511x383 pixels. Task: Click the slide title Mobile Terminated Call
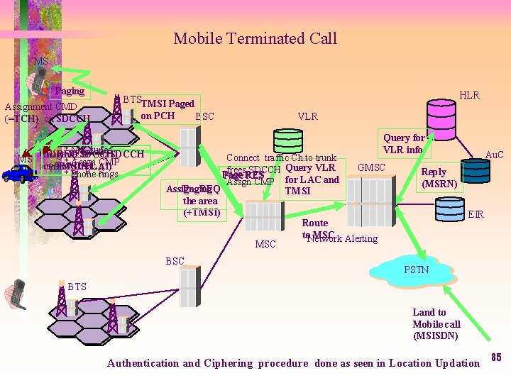click(255, 38)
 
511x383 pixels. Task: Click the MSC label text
click(265, 245)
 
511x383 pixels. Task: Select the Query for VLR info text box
click(403, 144)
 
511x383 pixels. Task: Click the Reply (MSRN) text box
click(434, 178)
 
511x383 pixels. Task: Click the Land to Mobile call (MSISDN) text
click(436, 323)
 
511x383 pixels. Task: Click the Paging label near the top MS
click(70, 91)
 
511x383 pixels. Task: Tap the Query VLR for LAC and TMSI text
click(311, 179)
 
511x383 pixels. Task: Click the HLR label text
click(469, 95)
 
